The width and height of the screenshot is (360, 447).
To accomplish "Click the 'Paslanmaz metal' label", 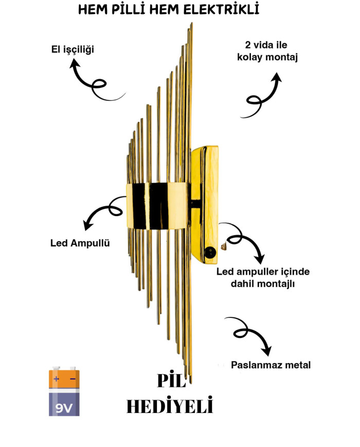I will tap(271, 365).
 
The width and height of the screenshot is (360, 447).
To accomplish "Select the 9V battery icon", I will tap(64, 391).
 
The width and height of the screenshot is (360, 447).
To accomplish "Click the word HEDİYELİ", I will tap(170, 406).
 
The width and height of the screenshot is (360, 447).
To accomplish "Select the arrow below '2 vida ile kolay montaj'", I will tap(263, 97).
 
